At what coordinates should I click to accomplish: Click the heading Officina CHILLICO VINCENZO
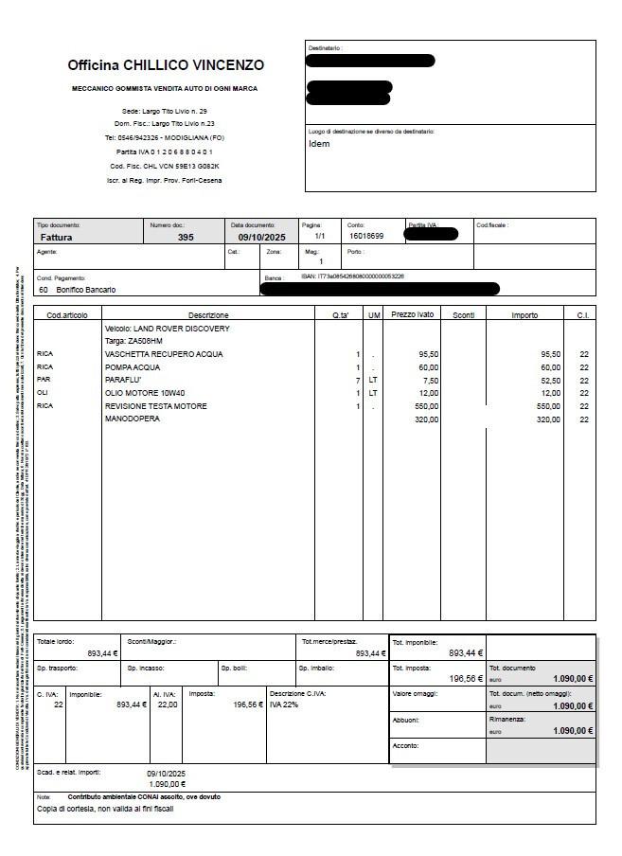pos(166,65)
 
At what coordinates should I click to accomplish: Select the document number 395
pos(186,237)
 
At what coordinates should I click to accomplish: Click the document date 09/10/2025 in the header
pos(260,237)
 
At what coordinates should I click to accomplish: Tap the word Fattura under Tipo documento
pos(56,237)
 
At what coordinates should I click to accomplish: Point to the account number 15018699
pos(366,236)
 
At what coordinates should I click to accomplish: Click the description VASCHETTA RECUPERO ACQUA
pos(164,354)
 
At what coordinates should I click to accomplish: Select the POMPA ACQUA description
pos(133,367)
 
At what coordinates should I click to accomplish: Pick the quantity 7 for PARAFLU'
pos(358,380)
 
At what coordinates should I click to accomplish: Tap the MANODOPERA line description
pos(133,419)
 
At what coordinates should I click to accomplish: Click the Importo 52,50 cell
pos(550,380)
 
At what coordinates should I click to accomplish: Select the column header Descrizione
pos(208,314)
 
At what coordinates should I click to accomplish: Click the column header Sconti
pos(463,314)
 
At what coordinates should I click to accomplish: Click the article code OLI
pos(43,393)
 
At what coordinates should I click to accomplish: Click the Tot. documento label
pos(512,668)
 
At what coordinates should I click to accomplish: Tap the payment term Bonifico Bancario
pos(86,290)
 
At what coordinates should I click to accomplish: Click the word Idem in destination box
pos(319,145)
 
